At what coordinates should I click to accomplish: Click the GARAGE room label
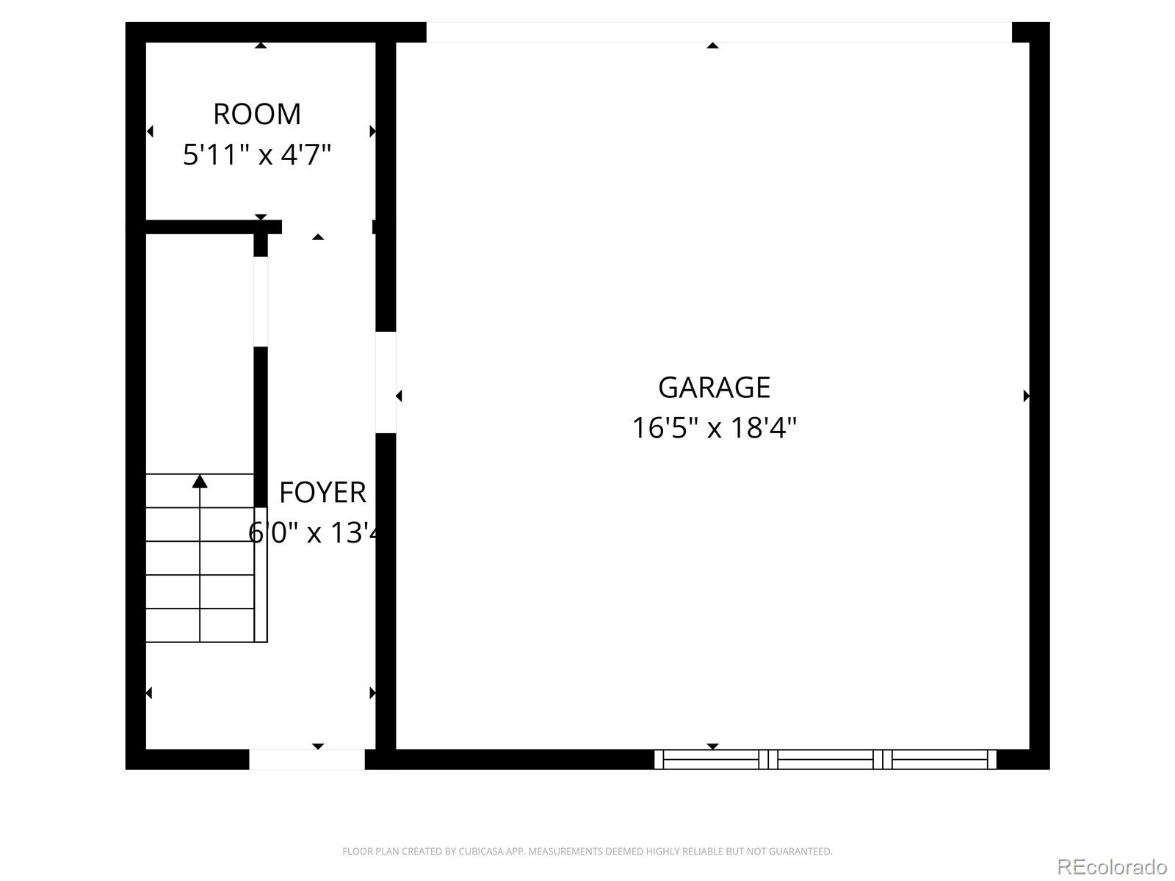point(714,388)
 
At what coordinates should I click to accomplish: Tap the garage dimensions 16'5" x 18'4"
point(714,427)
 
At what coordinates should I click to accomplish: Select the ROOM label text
point(257,115)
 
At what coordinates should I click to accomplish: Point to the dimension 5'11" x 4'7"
point(257,155)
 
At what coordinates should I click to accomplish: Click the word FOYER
point(322,493)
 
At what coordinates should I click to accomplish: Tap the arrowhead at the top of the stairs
point(200,482)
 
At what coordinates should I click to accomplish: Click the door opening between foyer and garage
point(386,382)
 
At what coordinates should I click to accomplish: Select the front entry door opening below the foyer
point(307,759)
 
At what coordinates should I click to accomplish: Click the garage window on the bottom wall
point(825,759)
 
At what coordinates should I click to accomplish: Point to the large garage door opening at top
point(718,32)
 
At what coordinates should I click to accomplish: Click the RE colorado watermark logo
point(1112,867)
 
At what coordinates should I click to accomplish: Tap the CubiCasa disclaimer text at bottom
point(587,852)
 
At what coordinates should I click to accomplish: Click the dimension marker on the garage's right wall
point(1026,396)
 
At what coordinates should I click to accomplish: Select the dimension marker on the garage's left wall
point(399,396)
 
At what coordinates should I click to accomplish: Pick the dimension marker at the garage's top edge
point(712,46)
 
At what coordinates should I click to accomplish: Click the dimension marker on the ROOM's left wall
point(150,131)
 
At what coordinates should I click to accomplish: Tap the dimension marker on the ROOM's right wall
point(372,131)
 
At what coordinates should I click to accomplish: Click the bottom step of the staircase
point(200,626)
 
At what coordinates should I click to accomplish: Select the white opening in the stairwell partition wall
point(261,301)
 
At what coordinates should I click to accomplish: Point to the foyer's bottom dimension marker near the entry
point(318,746)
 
